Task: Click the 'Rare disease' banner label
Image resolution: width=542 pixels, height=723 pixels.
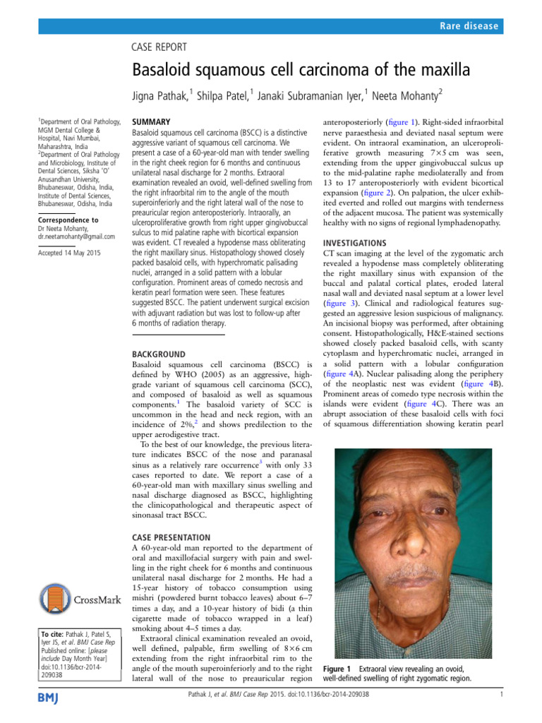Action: click(x=468, y=26)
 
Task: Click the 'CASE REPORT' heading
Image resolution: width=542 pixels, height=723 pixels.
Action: click(x=160, y=47)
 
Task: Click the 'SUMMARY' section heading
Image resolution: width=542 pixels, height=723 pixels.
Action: click(x=152, y=121)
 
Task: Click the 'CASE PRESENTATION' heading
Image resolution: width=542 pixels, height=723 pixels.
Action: click(x=171, y=537)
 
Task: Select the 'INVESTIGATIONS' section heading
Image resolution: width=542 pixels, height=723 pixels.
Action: click(x=355, y=243)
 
